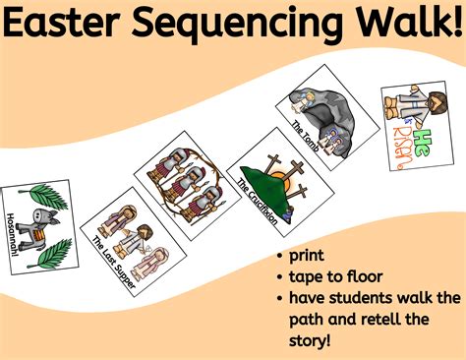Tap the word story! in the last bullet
pyautogui.click(x=313, y=339)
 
